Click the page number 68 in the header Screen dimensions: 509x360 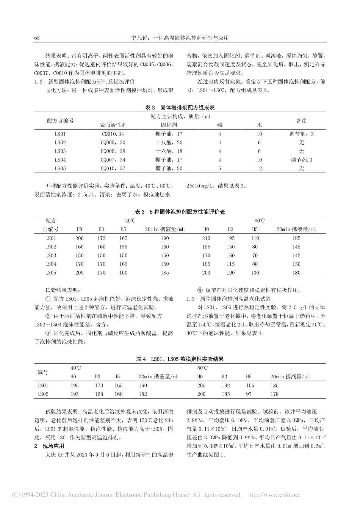coord(37,38)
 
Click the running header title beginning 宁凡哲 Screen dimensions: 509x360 coord(180,38)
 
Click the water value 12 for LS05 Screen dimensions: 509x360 coord(259,169)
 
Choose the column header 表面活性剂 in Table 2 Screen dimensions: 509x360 coord(113,125)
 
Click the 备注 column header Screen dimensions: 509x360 coord(301,120)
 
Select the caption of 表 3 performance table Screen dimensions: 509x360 coord(180,212)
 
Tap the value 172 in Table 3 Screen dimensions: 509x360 coord(101,238)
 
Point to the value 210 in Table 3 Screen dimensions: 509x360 coord(206,238)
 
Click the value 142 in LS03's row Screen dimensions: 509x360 coord(296,256)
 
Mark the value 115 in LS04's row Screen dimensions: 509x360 coord(230,264)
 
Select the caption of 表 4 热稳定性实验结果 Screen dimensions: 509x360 coord(180,359)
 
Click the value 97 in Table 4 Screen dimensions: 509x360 coord(248,394)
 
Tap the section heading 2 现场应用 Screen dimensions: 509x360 coord(49,447)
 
